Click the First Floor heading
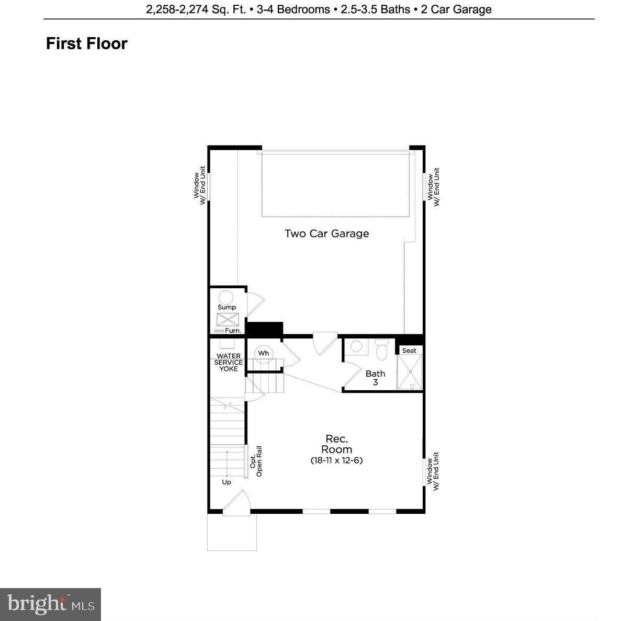click(87, 43)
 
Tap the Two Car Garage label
click(326, 234)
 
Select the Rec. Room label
click(336, 444)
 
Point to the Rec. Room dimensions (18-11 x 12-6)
click(336, 461)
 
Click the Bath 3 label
click(375, 378)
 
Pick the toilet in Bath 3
click(382, 349)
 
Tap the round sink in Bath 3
click(357, 346)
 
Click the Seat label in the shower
click(409, 351)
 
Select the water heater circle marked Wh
click(263, 353)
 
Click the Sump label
click(227, 307)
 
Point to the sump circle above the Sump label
click(226, 297)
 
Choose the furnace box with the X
click(228, 320)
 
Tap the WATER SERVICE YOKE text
click(229, 363)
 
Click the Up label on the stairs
click(227, 482)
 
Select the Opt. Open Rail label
click(256, 461)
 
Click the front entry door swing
click(238, 501)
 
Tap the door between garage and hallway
click(324, 343)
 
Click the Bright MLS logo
click(51, 604)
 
